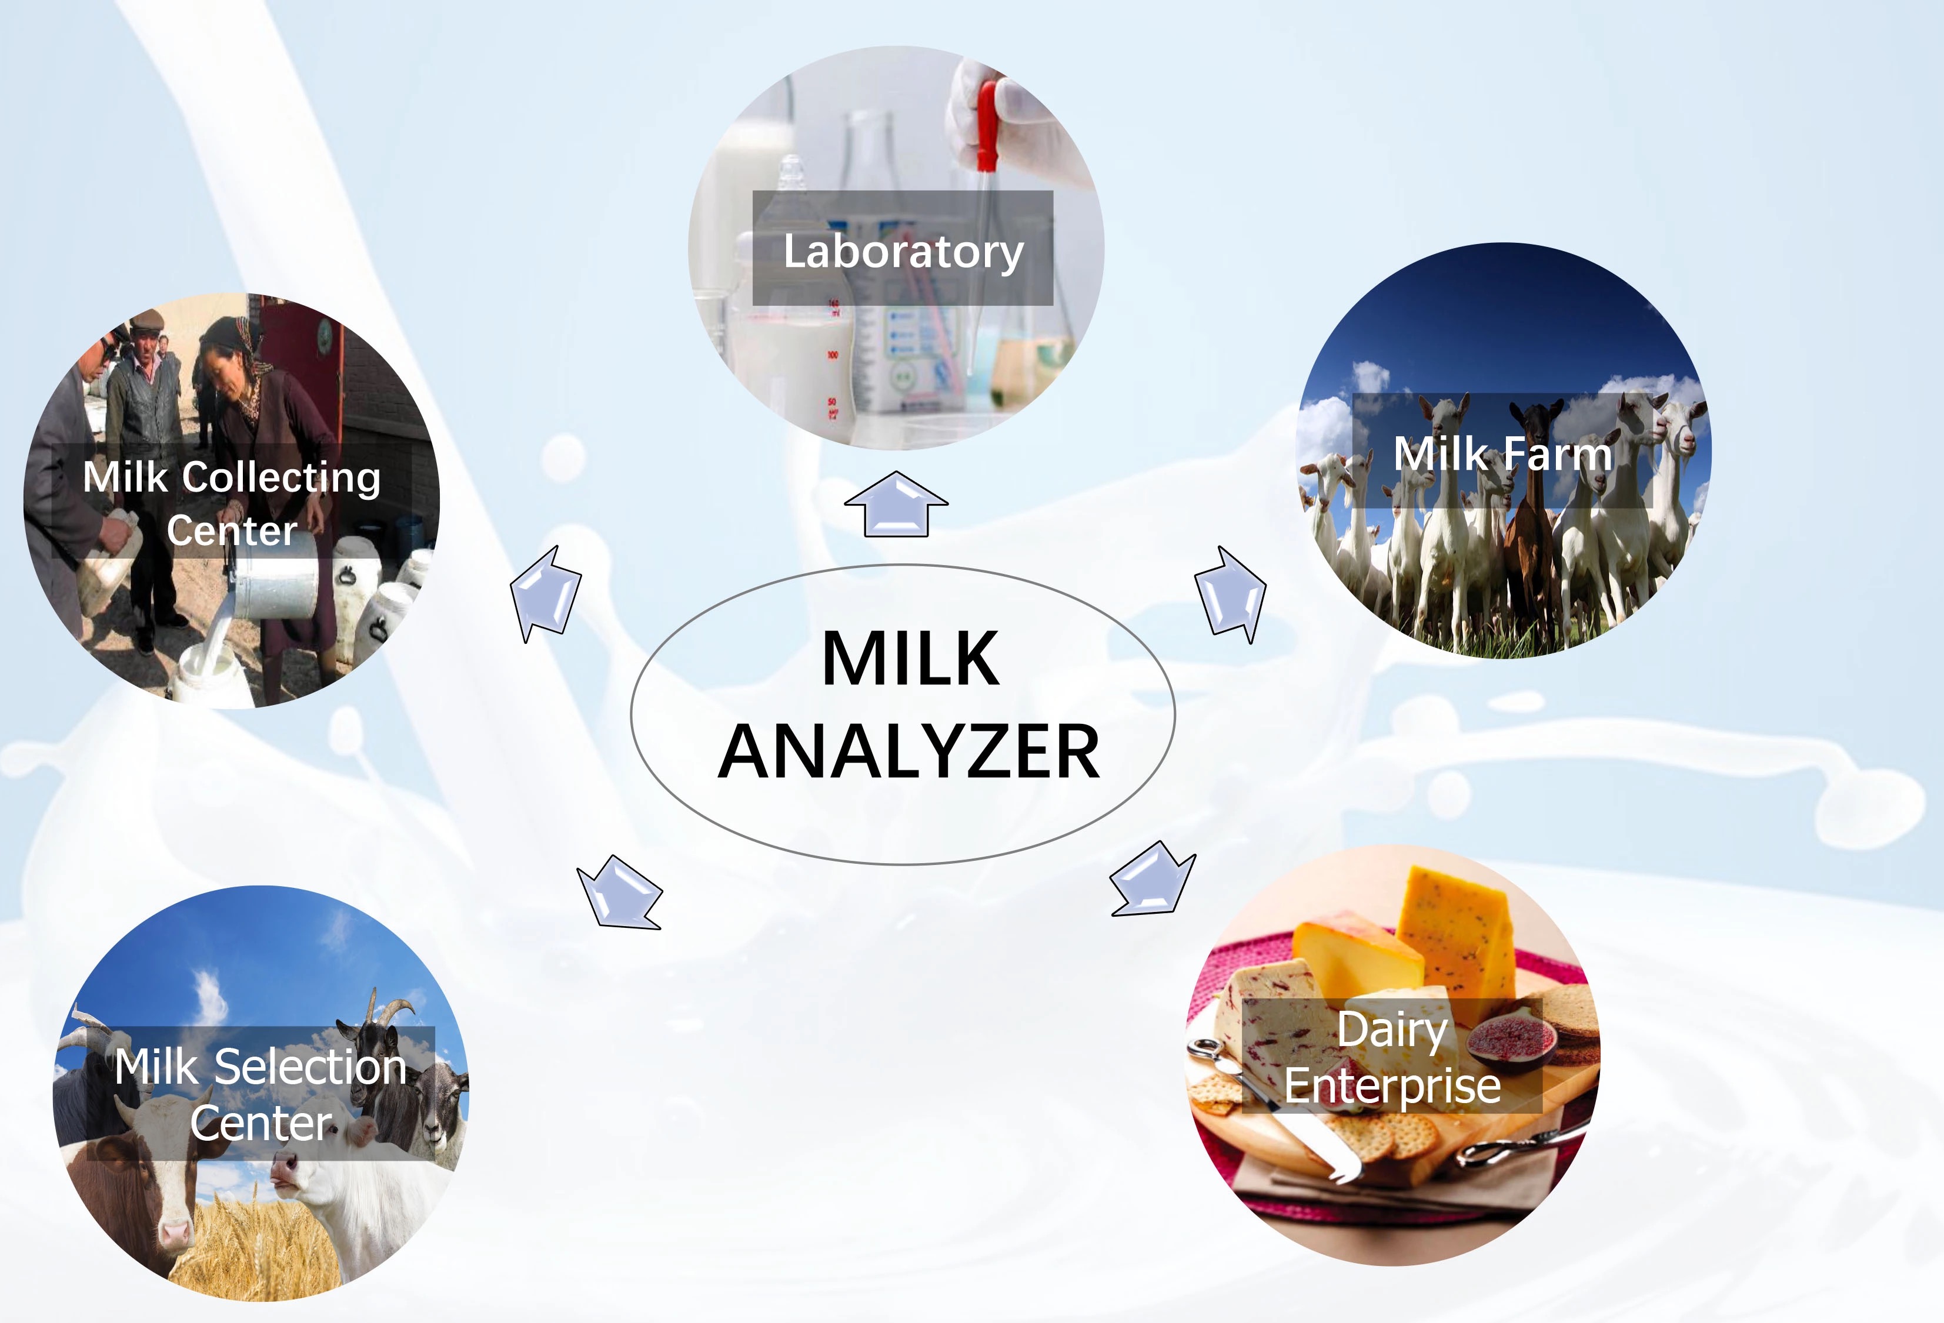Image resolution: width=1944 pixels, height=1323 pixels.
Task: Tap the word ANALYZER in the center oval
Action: coord(909,752)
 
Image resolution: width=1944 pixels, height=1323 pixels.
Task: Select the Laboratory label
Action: coord(903,251)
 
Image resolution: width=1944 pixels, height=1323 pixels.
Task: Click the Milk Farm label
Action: coord(1502,453)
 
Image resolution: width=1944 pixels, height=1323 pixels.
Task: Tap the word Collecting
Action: coord(281,479)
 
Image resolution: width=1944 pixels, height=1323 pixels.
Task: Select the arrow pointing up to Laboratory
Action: coord(896,503)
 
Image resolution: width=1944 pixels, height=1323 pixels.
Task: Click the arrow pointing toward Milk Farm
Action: coord(1231,594)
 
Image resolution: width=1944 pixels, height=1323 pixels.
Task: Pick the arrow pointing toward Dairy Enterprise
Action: coord(1152,878)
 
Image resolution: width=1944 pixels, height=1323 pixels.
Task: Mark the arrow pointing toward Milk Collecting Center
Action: coord(546,594)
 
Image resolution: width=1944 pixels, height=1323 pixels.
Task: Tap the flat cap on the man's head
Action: coord(148,319)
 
